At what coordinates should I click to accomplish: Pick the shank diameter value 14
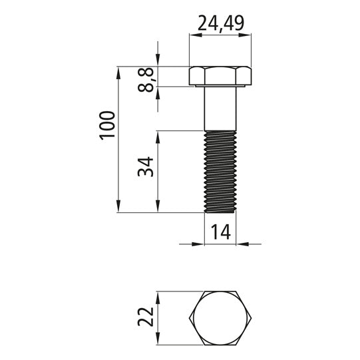220,232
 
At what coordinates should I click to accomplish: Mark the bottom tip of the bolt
220,212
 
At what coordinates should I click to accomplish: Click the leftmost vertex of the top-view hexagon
190,318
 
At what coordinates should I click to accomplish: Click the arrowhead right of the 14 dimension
241,244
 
